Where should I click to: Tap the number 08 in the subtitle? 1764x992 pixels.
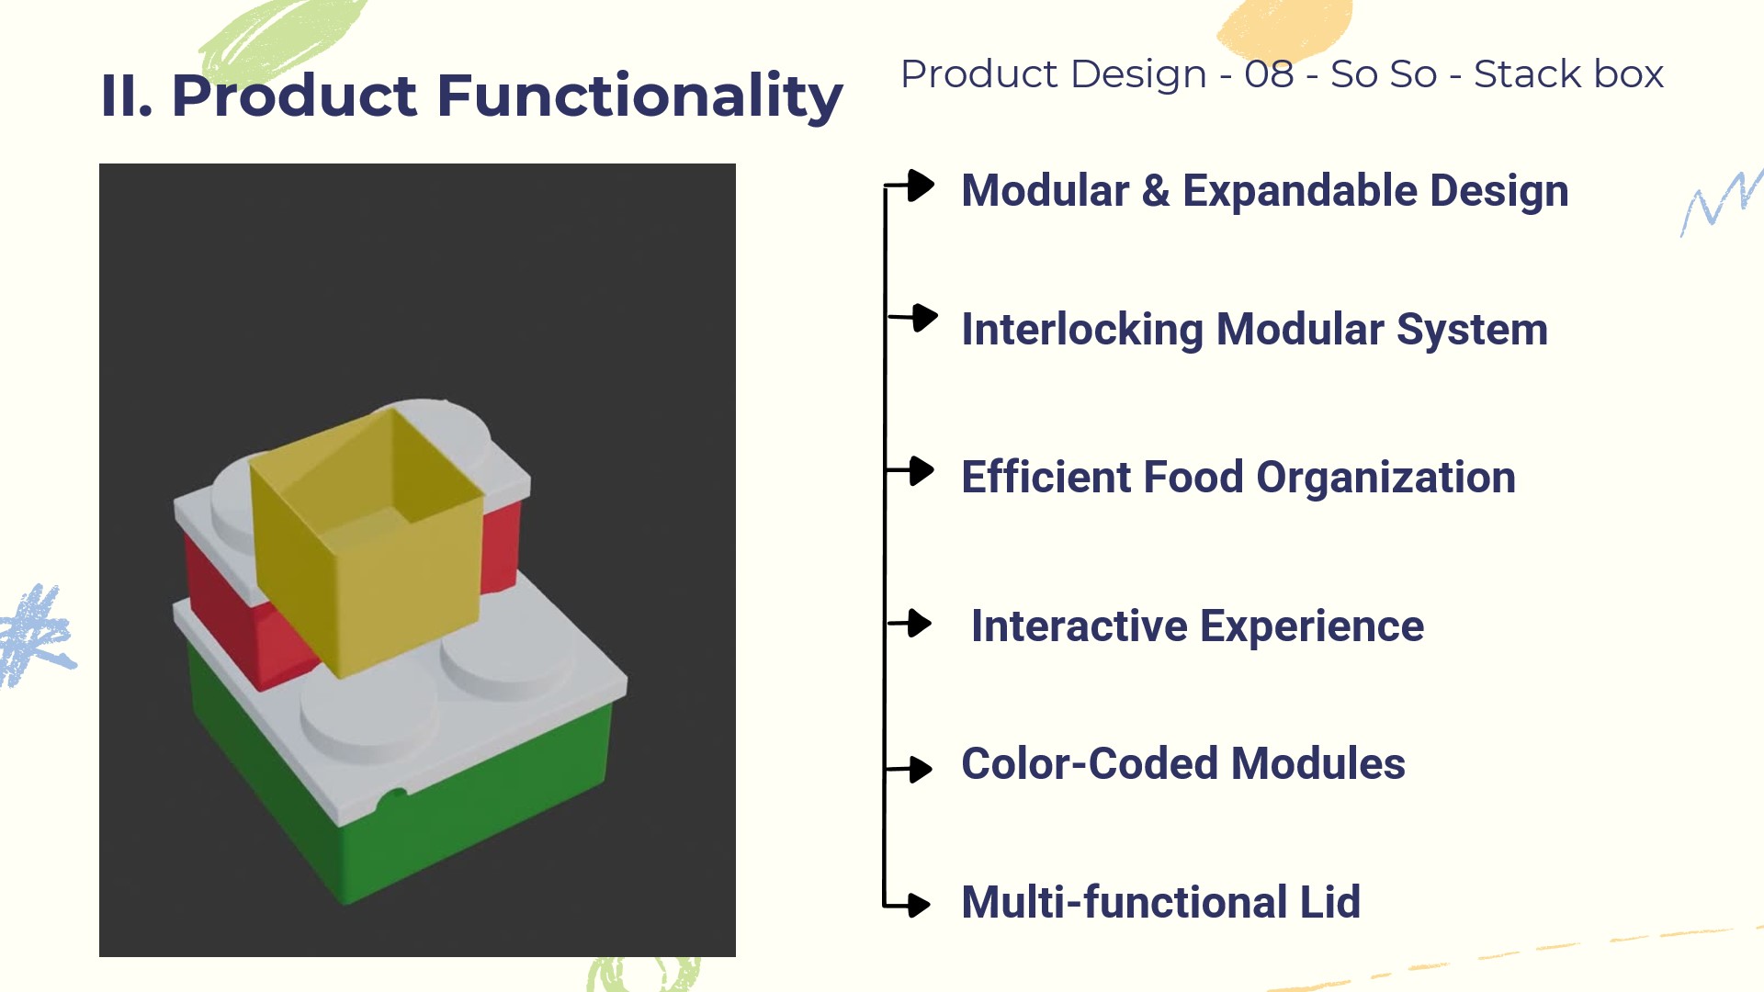click(1269, 74)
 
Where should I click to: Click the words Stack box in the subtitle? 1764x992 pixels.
click(1568, 74)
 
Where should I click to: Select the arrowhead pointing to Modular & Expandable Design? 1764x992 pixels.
click(921, 186)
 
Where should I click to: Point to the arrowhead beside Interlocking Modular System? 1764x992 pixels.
click(925, 318)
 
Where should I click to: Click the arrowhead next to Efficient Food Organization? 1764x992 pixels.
click(922, 470)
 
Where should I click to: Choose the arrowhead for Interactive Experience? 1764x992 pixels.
click(919, 624)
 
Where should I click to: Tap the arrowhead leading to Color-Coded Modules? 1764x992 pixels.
click(920, 768)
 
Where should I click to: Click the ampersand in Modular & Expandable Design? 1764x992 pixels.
click(1156, 191)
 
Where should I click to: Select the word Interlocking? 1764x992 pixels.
click(1082, 331)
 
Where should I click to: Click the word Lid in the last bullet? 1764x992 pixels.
click(1329, 902)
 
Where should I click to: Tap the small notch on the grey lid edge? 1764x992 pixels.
click(393, 797)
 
